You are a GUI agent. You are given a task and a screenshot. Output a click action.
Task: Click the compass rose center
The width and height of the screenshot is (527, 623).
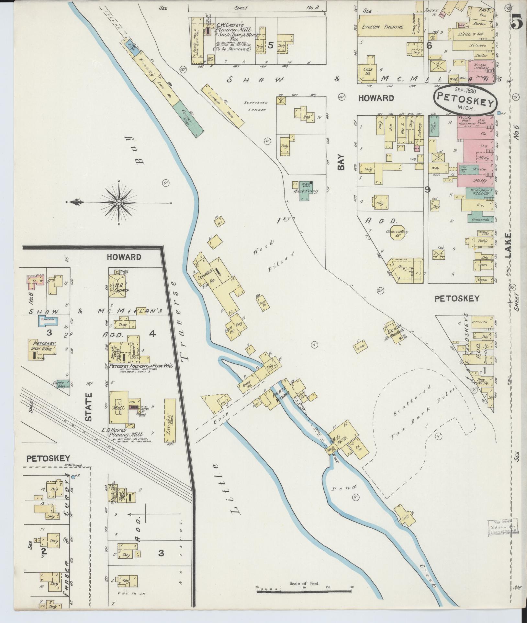pyautogui.click(x=118, y=203)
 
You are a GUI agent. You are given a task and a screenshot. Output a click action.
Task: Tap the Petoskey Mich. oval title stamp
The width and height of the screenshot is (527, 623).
pyautogui.click(x=465, y=101)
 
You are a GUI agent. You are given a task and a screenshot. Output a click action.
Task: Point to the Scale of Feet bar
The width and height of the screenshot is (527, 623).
pyautogui.click(x=304, y=591)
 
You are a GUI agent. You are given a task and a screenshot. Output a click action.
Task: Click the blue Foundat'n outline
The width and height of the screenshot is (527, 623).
pyautogui.click(x=48, y=321)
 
